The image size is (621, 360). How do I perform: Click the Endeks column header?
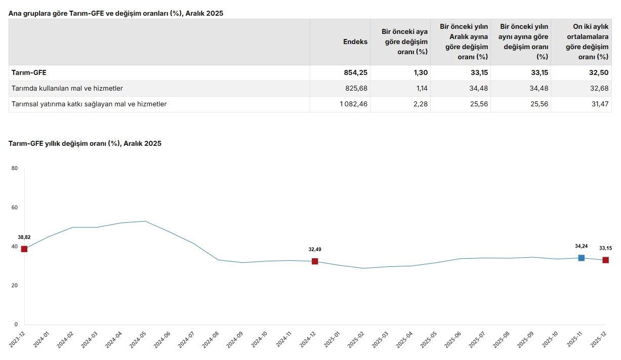(355, 42)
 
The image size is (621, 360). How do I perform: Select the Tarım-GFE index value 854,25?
(355, 72)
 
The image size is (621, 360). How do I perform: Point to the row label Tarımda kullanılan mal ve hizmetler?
(67, 88)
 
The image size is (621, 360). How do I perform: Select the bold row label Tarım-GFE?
(29, 72)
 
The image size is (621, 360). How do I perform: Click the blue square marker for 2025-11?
(582, 258)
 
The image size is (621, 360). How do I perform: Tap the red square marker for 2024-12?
(315, 261)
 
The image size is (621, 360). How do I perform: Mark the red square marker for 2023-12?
(24, 249)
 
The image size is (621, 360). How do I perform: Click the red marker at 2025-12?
(605, 260)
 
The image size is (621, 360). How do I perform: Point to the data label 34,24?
(582, 246)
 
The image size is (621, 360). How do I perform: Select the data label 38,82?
(24, 237)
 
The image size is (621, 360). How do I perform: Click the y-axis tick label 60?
(15, 208)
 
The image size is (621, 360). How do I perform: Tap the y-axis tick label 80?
(15, 169)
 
